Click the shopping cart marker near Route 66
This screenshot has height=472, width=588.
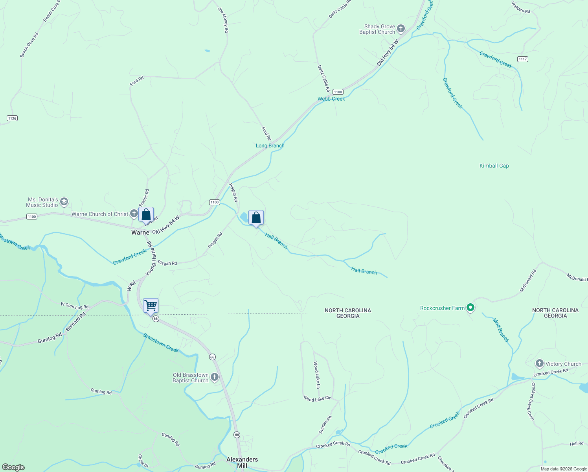[151, 306]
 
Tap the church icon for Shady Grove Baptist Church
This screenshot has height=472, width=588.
[401, 28]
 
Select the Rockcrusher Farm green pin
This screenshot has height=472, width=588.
[470, 308]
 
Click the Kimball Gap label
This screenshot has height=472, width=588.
[494, 166]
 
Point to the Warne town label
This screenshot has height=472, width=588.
[140, 232]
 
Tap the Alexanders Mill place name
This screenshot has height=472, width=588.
[242, 462]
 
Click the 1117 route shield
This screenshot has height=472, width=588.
[522, 59]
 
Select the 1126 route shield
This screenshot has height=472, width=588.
[12, 118]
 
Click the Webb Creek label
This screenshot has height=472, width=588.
[331, 99]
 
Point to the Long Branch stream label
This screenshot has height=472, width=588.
[270, 146]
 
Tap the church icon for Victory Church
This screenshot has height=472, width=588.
[540, 363]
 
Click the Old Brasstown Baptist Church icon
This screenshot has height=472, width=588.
[215, 377]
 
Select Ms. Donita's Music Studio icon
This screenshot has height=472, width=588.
[64, 202]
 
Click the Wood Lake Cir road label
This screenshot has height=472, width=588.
[317, 399]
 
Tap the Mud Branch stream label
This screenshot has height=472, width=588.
[501, 330]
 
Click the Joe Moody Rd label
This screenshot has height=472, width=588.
[223, 19]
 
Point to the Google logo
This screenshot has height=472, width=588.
[13, 467]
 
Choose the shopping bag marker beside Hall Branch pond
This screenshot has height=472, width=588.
[256, 218]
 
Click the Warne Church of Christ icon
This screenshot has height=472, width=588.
[134, 214]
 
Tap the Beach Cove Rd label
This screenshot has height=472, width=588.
[29, 45]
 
